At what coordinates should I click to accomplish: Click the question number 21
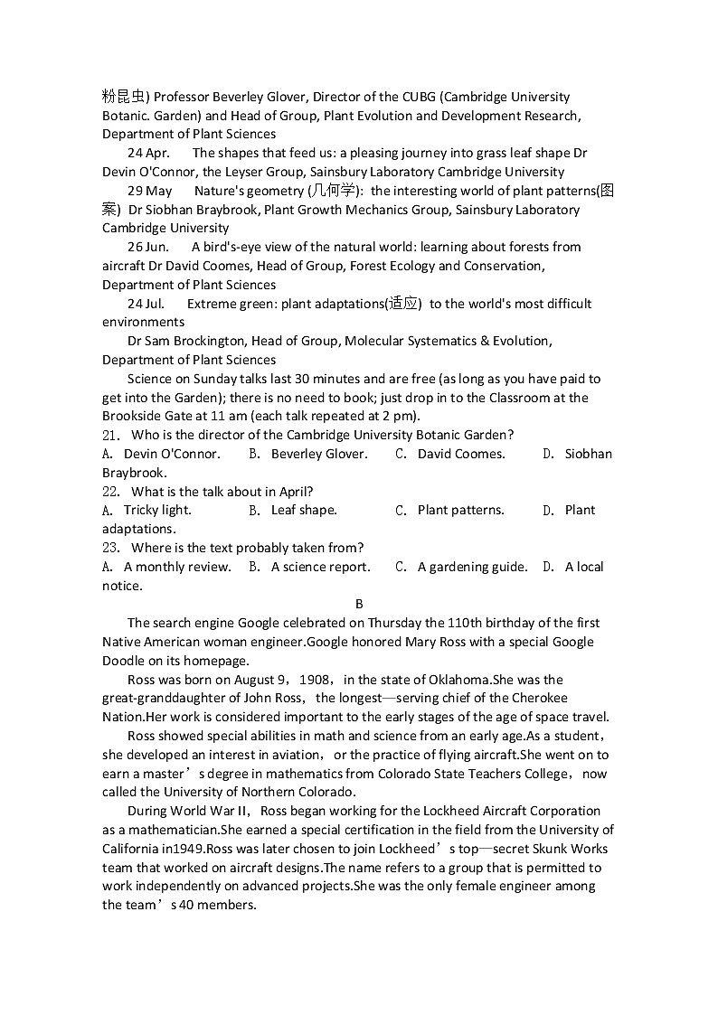point(110,435)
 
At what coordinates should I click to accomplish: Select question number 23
point(110,548)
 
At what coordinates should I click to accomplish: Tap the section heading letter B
point(359,604)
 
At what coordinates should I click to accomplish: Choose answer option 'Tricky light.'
point(157,510)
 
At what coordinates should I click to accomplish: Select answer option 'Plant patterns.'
point(460,510)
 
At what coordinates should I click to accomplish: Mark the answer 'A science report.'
point(320,567)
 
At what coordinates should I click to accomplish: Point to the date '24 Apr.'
point(148,153)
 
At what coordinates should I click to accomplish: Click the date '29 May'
point(149,191)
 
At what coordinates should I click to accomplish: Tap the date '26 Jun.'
point(147,247)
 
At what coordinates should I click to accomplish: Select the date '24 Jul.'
point(146,304)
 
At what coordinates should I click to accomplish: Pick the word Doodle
point(124,661)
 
